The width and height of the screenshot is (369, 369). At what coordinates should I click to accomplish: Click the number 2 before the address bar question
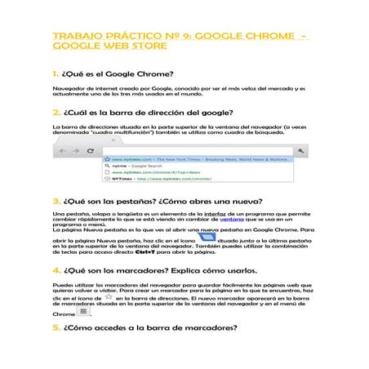click(x=54, y=113)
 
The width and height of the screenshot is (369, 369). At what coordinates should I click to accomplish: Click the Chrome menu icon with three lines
click(x=84, y=312)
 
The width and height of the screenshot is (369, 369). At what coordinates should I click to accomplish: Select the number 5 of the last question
click(x=54, y=328)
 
